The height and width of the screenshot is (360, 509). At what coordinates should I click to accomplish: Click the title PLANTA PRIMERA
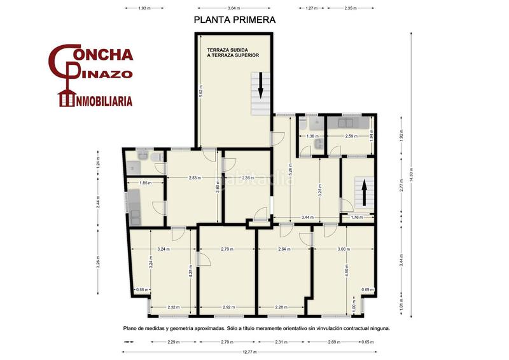click(235, 20)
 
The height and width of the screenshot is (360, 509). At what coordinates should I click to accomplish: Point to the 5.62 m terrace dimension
click(200, 91)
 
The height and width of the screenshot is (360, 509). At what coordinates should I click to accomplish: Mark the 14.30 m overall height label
click(412, 176)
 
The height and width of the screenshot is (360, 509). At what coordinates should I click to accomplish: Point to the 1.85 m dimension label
click(144, 183)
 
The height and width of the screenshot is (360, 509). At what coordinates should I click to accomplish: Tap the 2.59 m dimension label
click(347, 136)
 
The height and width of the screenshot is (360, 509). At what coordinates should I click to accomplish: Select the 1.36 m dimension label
click(312, 136)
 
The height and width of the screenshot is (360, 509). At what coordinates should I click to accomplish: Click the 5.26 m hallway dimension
click(291, 170)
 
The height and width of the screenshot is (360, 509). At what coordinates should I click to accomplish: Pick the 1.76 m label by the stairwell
click(356, 218)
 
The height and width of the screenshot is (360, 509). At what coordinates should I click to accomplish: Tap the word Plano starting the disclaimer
click(132, 329)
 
